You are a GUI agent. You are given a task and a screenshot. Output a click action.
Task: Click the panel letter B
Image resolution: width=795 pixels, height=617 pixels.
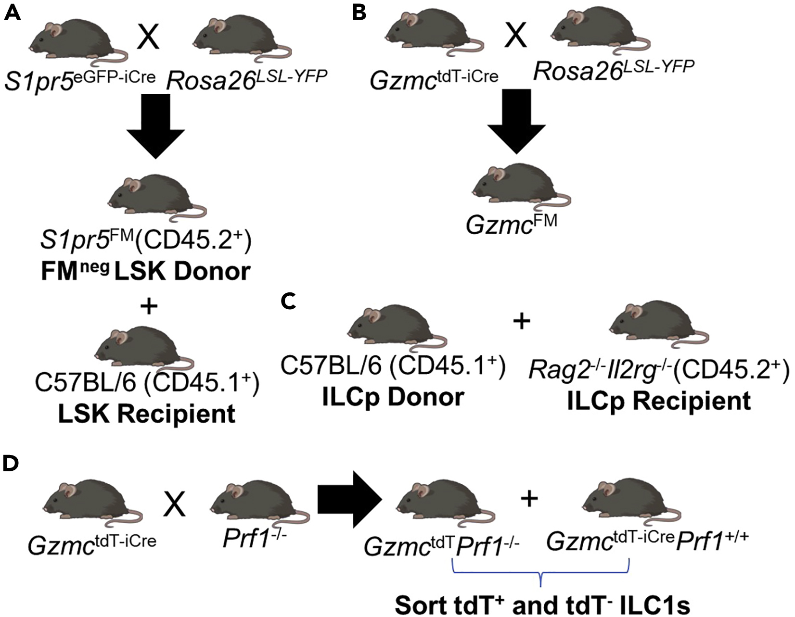(x=360, y=13)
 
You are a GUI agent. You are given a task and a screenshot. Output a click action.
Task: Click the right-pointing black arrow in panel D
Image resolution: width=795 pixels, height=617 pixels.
(x=349, y=499)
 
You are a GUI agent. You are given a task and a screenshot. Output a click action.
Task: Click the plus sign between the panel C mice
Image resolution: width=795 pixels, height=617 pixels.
(x=522, y=321)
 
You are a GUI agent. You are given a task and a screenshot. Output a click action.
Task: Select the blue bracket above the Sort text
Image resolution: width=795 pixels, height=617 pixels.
(x=541, y=573)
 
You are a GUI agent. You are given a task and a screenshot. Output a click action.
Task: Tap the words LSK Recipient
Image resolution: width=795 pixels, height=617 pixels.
(x=147, y=414)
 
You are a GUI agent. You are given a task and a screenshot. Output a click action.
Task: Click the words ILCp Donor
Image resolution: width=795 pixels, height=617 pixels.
(x=393, y=397)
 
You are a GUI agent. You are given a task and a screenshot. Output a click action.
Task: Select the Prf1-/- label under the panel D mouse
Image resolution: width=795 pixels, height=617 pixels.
(x=255, y=540)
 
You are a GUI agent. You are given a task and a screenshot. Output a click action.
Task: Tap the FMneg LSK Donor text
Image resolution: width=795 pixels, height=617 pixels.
(x=145, y=272)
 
